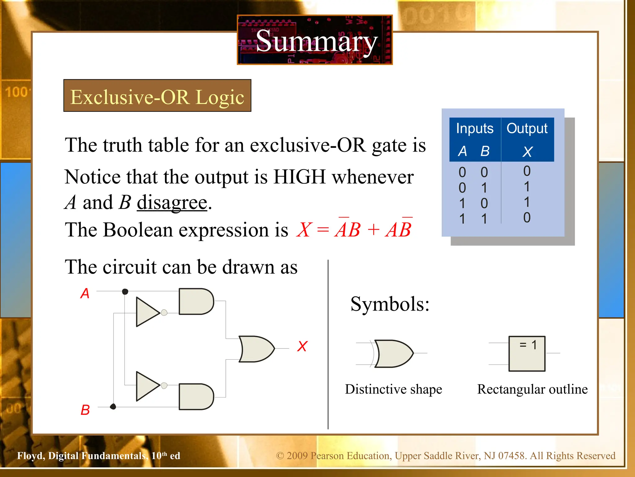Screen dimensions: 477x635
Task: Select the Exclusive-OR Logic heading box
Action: [157, 96]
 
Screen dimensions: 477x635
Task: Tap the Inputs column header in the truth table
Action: [474, 128]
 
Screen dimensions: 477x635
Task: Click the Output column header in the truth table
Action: [527, 128]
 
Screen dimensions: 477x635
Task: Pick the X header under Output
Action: [527, 152]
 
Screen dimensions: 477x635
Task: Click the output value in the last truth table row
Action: [527, 218]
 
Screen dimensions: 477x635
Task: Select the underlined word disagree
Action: [172, 202]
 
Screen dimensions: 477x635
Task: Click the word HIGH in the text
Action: [300, 177]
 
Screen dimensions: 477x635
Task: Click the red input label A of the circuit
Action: [85, 293]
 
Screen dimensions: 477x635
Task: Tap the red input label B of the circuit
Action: [85, 410]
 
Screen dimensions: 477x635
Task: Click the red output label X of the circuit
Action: [302, 346]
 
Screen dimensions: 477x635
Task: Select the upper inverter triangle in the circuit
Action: [147, 312]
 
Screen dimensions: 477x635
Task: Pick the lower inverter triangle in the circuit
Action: [147, 386]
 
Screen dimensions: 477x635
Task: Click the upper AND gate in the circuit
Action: [196, 301]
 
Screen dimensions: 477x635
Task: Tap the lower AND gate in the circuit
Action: [196, 397]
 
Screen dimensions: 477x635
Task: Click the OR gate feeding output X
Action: [256, 349]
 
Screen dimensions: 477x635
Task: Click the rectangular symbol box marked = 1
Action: [527, 353]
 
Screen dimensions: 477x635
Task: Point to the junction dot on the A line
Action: [125, 291]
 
